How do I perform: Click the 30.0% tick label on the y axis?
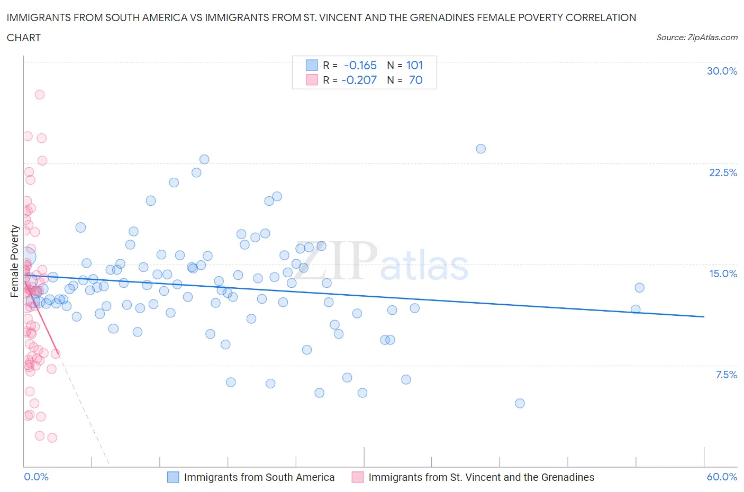722,71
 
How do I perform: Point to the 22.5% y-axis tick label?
723,172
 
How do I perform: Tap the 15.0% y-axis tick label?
723,274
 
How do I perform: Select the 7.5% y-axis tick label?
726,375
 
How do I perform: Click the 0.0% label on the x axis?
36,477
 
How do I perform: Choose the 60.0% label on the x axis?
722,477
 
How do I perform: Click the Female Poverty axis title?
15,261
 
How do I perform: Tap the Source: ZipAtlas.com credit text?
696,37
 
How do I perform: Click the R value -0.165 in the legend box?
360,65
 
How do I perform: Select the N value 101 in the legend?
414,65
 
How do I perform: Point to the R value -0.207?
359,80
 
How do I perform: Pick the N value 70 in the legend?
415,80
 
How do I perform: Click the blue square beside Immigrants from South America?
173,477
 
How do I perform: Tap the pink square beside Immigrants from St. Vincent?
358,477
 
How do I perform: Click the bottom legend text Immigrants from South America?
259,477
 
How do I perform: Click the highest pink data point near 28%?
39,95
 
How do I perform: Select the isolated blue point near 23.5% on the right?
480,149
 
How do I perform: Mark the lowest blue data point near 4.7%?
520,403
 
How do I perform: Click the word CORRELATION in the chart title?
601,17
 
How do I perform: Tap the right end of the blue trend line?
704,316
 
